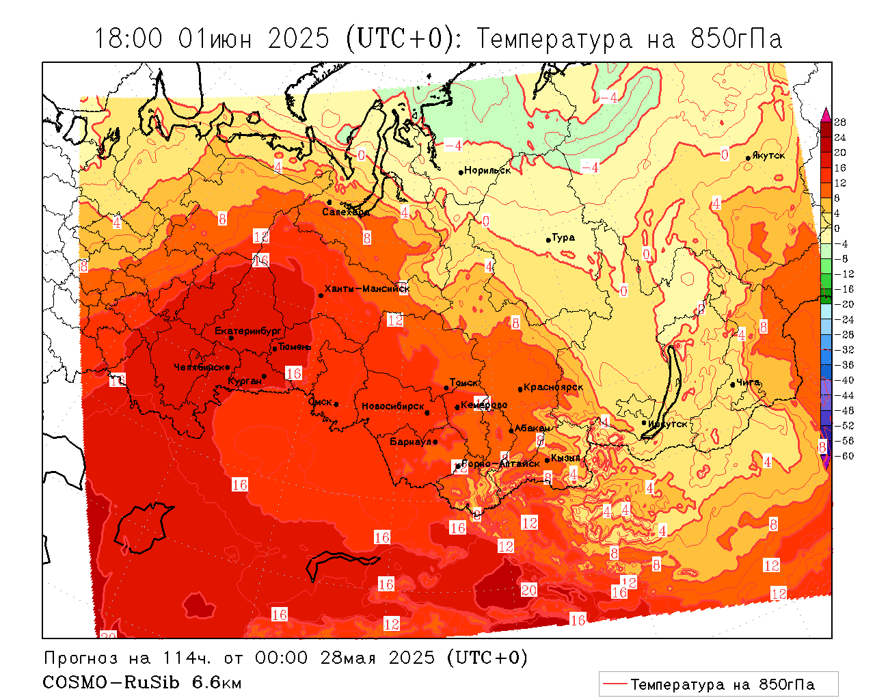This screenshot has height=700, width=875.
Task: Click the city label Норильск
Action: pos(487,170)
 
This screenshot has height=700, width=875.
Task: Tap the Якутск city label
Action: pos(768,155)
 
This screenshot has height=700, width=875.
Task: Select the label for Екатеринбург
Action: pos(248,331)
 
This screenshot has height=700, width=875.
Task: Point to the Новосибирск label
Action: pos(393,406)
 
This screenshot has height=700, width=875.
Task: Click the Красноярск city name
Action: pos(554,387)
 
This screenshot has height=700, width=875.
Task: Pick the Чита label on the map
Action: pos(749,382)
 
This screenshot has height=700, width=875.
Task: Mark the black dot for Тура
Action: pos(548,240)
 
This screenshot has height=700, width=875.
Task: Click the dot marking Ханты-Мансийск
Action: pos(321,295)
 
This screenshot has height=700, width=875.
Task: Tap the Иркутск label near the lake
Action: pos(667,424)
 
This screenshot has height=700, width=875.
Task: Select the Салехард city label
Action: pos(346,212)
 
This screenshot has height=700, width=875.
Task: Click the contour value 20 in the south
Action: pos(529,590)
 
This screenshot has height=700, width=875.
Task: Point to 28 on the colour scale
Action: pos(840,122)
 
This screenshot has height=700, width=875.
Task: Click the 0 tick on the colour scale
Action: pos(837,228)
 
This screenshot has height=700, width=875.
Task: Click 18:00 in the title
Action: pos(129,39)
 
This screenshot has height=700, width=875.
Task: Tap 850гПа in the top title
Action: pos(736,39)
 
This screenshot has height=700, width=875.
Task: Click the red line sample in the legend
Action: pos(615,684)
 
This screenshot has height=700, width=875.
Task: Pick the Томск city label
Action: pos(464,383)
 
